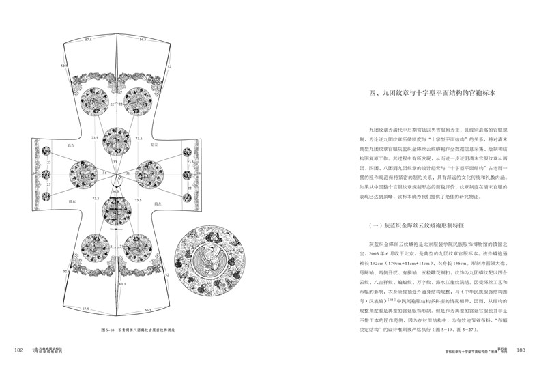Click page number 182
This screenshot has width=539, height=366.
pos(19,351)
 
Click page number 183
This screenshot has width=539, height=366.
pos(520,351)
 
